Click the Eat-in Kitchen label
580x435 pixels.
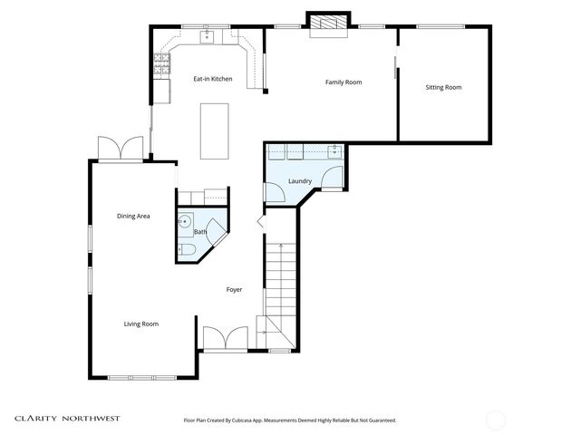pos(213,79)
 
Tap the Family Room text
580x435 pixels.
pos(343,82)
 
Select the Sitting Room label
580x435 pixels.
pos(443,88)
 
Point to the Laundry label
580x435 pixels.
pos(300,181)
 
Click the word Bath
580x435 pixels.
pos(199,232)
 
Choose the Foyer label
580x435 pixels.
pos(234,290)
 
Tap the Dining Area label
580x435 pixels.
pos(133,216)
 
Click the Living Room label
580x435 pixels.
pos(141,324)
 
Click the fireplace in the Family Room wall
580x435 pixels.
pos(326,24)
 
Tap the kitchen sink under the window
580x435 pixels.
pos(208,36)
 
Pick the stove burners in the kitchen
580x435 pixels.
pos(162,63)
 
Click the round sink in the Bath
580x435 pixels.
pos(186,220)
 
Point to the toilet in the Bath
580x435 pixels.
pos(186,249)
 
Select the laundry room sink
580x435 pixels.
pos(333,150)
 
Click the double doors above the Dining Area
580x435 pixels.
pos(121,149)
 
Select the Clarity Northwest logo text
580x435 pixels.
pos(66,419)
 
